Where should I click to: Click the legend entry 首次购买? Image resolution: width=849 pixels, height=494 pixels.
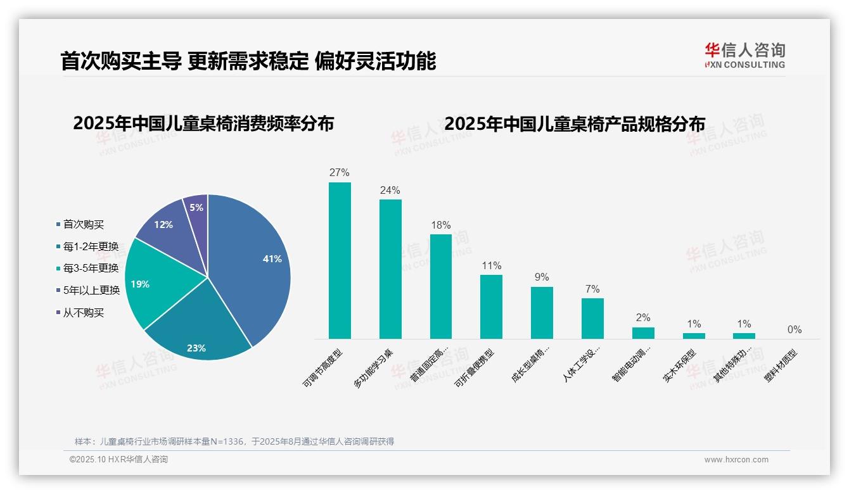pos(83,224)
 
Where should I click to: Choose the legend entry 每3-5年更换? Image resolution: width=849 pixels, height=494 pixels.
pos(91,269)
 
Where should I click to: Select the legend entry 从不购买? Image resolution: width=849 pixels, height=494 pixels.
pos(83,313)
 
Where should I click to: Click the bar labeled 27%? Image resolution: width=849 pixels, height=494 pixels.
pos(340,260)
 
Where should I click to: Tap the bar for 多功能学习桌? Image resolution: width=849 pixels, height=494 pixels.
pos(390,269)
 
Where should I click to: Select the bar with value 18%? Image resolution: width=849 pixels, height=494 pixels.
pos(441,286)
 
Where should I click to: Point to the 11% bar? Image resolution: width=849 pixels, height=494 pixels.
pos(491,307)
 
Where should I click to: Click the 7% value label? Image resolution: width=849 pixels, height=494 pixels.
pos(592,289)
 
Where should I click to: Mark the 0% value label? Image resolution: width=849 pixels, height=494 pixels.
pos(795,329)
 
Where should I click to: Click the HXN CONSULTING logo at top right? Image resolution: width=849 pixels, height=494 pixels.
pos(744,55)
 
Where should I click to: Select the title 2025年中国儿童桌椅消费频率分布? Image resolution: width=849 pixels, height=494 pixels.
pos(203,123)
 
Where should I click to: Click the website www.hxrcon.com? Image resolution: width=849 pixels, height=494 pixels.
pos(736,460)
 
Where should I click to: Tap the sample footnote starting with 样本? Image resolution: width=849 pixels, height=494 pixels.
pos(234,441)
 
